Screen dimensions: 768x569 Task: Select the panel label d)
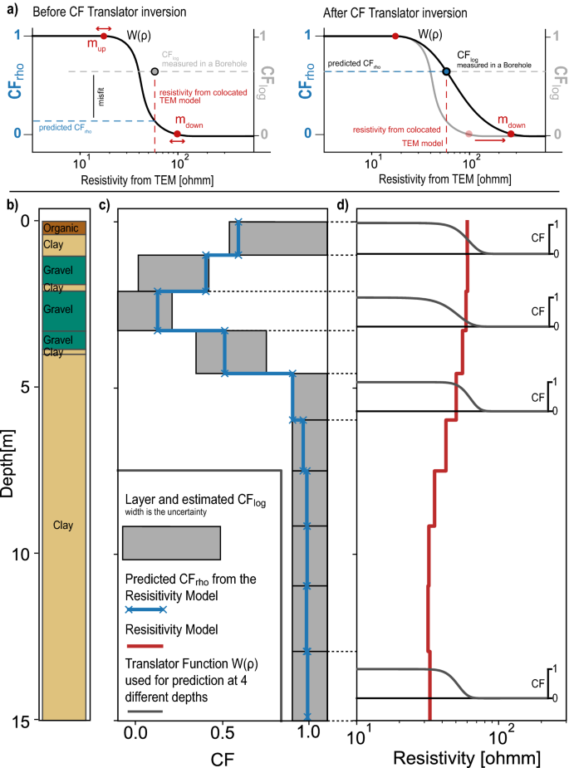pos(342,204)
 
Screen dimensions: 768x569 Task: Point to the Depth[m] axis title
pos(8,468)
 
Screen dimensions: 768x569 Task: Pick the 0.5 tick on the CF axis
pos(222,734)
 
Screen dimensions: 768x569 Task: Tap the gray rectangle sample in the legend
pos(171,543)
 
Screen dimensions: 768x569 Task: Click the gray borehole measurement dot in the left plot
pos(155,72)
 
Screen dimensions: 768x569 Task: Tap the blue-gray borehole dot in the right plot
pos(447,72)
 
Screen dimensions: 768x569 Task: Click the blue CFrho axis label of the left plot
pos(15,86)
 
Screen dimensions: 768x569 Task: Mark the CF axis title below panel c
pos(220,757)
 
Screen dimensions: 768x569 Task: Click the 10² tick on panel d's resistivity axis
pos(499,734)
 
